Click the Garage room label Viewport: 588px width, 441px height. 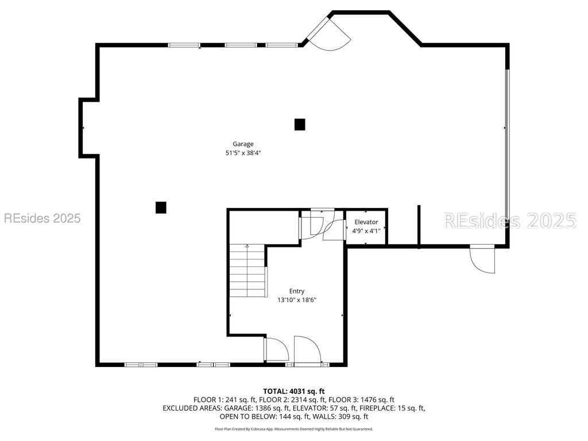click(243, 144)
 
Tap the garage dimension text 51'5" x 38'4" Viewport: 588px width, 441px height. click(243, 153)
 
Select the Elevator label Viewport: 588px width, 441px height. click(366, 222)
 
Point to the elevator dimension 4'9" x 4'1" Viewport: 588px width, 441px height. click(366, 231)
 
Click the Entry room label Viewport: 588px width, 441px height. click(297, 291)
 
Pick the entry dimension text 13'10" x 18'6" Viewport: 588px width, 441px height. click(297, 300)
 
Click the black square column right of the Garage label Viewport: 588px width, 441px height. click(300, 125)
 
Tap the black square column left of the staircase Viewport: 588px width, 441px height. click(161, 207)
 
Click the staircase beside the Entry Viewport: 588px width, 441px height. click(248, 271)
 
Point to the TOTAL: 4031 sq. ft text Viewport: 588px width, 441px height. click(294, 392)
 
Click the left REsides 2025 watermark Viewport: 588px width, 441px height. click(42, 218)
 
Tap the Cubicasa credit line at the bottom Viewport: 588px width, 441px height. click(294, 429)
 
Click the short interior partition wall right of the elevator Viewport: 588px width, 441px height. click(419, 226)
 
